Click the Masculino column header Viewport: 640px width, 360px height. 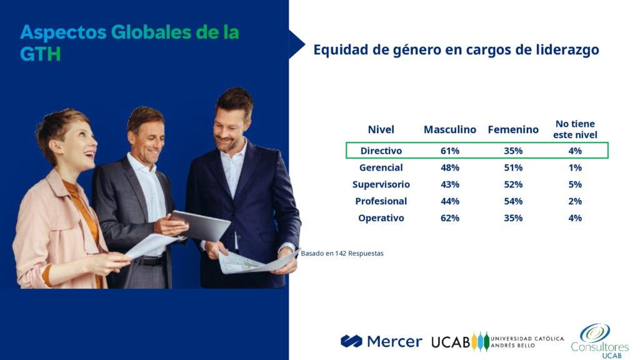[x=450, y=129]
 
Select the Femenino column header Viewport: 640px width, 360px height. [x=513, y=129]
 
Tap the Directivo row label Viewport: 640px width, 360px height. [x=381, y=151]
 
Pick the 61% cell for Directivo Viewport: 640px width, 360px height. [x=450, y=151]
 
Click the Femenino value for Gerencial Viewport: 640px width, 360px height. [x=513, y=167]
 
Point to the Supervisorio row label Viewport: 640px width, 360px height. [x=381, y=184]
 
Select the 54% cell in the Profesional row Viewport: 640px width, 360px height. [x=513, y=201]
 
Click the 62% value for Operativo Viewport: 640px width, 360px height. [x=450, y=217]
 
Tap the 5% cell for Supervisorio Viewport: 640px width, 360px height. [x=575, y=184]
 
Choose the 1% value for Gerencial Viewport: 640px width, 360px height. [x=575, y=167]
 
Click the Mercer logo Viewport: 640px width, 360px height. [x=381, y=341]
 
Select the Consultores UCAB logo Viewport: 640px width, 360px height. [x=599, y=341]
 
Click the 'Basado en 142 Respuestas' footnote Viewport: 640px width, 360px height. [x=342, y=253]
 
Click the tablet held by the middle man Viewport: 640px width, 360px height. [x=200, y=225]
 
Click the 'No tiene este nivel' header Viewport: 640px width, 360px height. [x=575, y=129]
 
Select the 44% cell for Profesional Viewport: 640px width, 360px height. [x=450, y=201]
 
